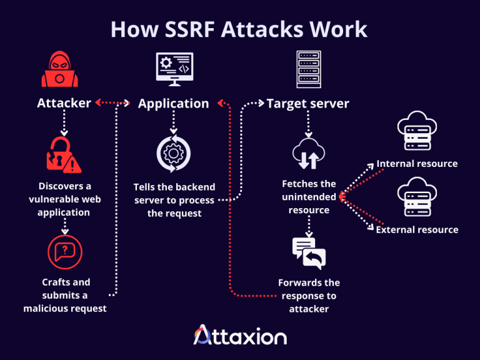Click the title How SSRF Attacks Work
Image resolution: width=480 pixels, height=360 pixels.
[239, 29]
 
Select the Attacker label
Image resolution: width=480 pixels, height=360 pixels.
[64, 103]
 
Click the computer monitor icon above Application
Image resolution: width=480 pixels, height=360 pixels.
[173, 69]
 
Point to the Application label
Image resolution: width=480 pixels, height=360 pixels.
[173, 103]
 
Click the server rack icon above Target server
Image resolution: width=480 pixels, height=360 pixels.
[308, 69]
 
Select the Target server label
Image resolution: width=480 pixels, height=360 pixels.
[307, 103]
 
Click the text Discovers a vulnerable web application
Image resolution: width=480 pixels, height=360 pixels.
[64, 199]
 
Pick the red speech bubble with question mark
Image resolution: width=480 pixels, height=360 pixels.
[65, 252]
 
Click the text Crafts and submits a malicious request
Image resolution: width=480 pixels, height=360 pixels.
[65, 295]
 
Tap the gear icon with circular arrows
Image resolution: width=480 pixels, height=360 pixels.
[174, 153]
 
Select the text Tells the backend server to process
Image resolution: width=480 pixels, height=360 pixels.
[174, 200]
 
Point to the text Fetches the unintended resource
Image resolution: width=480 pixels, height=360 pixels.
[309, 197]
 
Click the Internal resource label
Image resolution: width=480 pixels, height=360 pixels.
[417, 164]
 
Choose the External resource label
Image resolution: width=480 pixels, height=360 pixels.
[417, 229]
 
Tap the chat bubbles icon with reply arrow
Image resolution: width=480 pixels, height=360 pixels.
[309, 252]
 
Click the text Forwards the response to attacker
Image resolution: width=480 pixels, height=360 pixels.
[309, 296]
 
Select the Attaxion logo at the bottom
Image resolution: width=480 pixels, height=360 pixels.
[240, 336]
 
